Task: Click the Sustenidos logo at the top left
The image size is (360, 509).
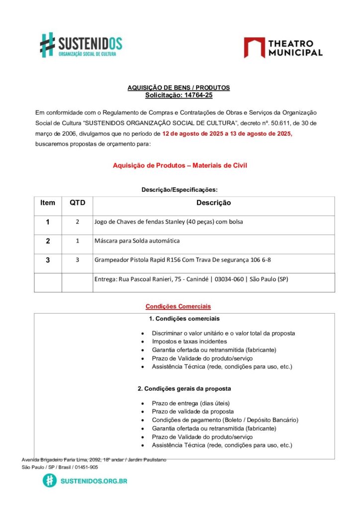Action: tap(81, 45)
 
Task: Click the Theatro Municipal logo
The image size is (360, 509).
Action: tap(283, 48)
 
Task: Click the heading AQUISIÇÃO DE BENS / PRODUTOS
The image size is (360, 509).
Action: tap(179, 87)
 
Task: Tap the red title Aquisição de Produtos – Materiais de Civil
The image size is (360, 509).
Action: tap(180, 166)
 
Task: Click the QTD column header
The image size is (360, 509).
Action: tap(77, 203)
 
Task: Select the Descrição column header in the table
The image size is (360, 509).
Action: tap(213, 203)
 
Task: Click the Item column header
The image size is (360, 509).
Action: tap(48, 203)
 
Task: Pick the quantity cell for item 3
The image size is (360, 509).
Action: tap(77, 259)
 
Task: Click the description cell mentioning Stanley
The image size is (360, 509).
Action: tap(169, 222)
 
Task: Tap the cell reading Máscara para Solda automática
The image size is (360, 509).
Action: tap(137, 241)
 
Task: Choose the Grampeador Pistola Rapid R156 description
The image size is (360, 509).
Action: tap(182, 259)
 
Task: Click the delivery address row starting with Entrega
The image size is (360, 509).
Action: tap(191, 279)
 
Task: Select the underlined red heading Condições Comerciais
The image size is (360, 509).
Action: tap(178, 306)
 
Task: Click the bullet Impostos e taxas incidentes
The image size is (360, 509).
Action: tap(189, 341)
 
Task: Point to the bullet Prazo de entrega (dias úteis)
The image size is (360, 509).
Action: tap(191, 403)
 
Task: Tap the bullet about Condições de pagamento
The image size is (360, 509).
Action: tap(225, 420)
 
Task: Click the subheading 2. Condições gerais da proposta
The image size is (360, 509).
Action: tap(184, 388)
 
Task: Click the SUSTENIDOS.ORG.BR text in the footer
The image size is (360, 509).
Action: tap(93, 481)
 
